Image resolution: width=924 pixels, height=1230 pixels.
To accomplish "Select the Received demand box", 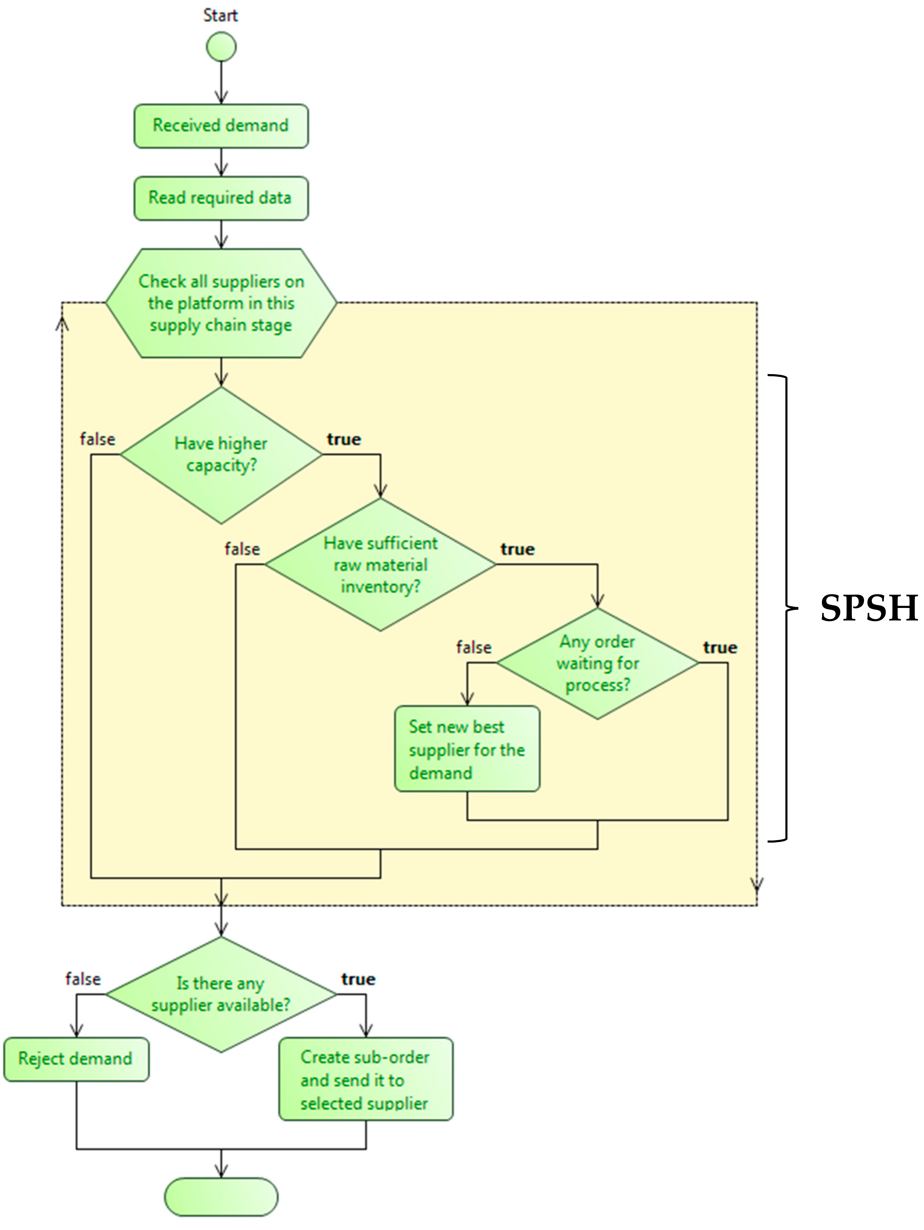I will point(221,126).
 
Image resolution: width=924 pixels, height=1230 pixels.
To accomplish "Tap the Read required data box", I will point(221,198).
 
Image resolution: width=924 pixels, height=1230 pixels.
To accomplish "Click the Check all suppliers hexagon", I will point(221,303).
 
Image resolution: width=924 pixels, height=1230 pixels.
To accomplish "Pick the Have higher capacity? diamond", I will point(221,455).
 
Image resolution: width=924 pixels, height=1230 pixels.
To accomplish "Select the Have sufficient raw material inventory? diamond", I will point(380,564).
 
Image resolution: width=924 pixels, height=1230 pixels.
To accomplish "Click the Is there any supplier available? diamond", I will point(221,994).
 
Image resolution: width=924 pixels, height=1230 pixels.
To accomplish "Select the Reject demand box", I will point(76,1058).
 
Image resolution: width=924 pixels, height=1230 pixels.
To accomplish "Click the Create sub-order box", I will point(365,1079).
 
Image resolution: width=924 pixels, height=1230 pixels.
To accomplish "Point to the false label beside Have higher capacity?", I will point(97,439).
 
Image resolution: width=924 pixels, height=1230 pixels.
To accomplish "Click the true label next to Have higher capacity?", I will point(344,439).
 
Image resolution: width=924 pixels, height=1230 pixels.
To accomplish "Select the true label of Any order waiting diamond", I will point(720,647).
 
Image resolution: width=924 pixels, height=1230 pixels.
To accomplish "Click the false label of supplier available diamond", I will point(83,979).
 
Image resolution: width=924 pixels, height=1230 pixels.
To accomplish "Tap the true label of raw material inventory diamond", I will point(517,549).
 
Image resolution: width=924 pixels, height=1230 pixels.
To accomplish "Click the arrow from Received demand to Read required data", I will point(221,162).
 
